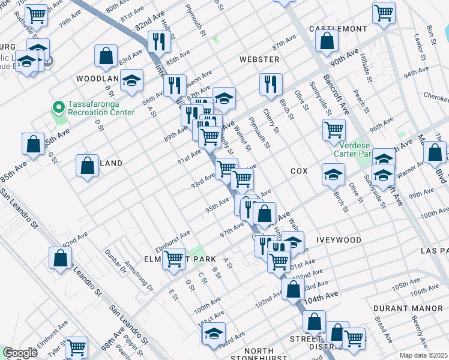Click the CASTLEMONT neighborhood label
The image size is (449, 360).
point(337,29)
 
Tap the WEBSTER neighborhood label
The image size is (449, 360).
point(259,59)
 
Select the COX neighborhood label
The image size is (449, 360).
point(299,171)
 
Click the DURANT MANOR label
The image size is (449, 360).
point(399,308)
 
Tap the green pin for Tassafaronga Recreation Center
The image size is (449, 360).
point(58,107)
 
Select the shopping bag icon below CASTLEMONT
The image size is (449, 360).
point(327,41)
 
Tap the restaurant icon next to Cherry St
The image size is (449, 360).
point(271,84)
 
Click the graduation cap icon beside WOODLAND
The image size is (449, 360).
point(131,81)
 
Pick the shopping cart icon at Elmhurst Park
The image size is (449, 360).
point(173,259)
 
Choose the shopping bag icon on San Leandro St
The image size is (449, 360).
point(61,258)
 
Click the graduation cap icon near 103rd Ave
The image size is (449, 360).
point(214,334)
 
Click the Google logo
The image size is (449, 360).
point(20,353)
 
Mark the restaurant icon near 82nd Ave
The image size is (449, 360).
point(159,41)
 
